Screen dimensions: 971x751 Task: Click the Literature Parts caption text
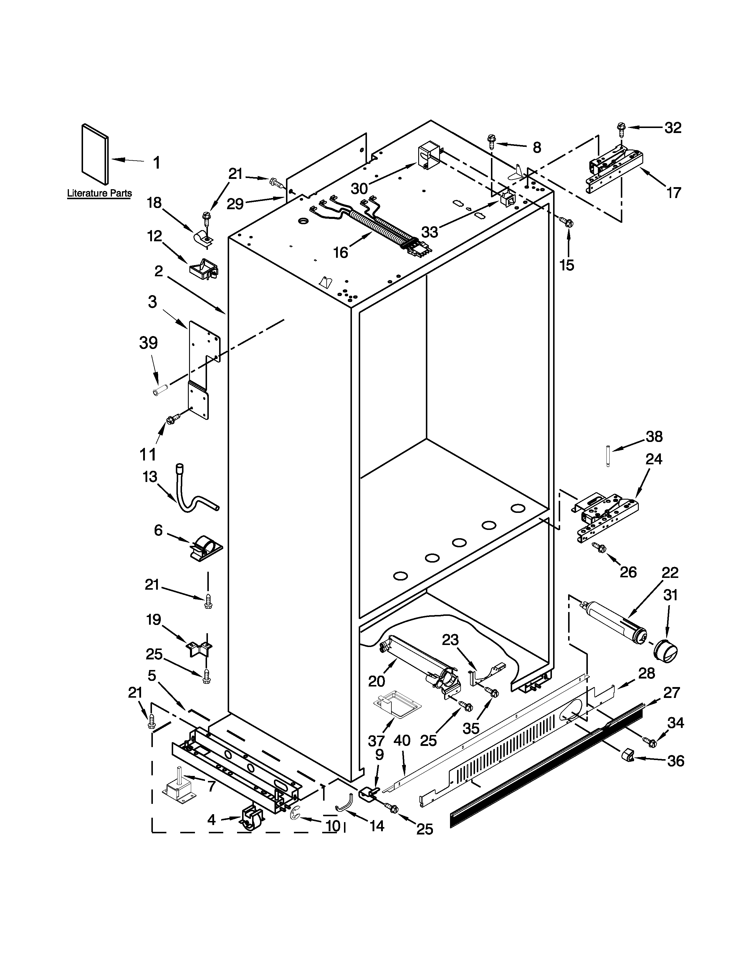[x=99, y=193]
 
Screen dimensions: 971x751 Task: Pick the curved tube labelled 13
[x=191, y=491]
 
